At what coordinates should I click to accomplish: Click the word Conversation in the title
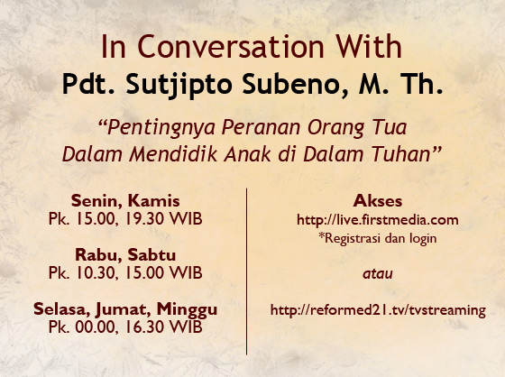point(230,47)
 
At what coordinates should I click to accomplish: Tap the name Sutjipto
point(179,85)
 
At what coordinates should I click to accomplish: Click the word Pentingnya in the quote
point(161,128)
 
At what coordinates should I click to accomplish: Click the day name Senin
point(96,201)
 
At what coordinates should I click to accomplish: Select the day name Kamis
point(154,201)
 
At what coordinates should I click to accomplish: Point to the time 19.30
point(144,219)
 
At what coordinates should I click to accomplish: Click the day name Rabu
point(98,255)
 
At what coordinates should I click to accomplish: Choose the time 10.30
point(96,273)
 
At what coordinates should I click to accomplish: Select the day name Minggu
point(188,310)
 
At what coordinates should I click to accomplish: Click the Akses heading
point(378,201)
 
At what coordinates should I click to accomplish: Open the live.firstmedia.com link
point(378,220)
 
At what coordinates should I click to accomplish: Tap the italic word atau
point(378,274)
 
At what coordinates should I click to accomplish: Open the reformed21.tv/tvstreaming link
point(378,310)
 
